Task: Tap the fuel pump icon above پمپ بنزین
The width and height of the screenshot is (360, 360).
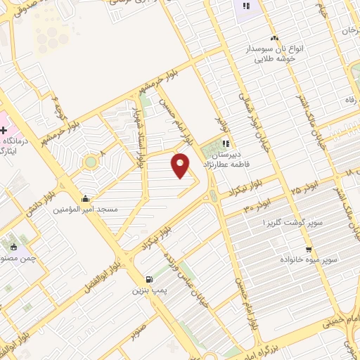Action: pos(147,279)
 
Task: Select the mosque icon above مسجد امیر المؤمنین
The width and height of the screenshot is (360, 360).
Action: pos(86,198)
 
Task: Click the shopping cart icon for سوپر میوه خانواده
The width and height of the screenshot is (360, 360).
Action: pos(309,250)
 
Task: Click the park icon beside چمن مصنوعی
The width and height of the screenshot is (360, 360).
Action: pos(14,247)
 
